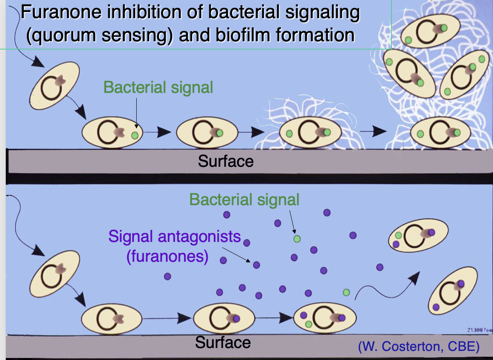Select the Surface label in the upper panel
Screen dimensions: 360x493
click(225, 161)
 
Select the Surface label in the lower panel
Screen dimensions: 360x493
click(223, 342)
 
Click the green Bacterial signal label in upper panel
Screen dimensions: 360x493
click(158, 88)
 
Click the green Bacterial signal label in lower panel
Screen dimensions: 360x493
click(244, 200)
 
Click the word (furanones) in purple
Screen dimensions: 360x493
click(167, 256)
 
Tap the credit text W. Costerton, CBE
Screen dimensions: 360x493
click(419, 347)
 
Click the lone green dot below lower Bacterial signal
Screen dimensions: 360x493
click(297, 239)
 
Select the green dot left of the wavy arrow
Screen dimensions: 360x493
click(346, 292)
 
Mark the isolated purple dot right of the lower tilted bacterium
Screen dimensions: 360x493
click(167, 276)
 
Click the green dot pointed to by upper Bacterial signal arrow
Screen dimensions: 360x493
click(135, 135)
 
